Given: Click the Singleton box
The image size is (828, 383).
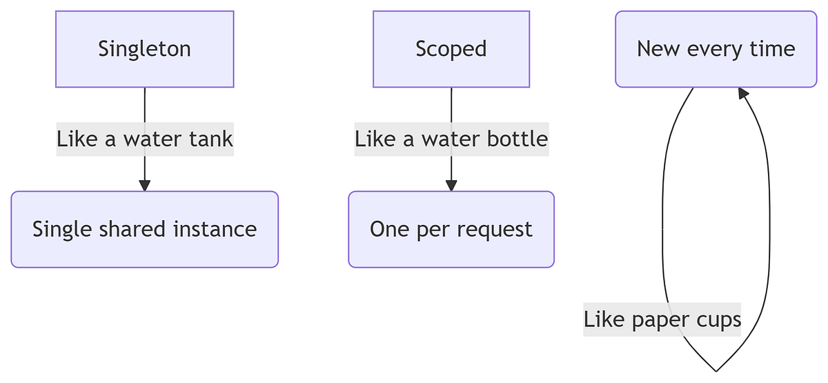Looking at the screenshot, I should pos(144,49).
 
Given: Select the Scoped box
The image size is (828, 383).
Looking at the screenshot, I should pos(451,49).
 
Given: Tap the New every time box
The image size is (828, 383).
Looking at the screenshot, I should pos(716,49).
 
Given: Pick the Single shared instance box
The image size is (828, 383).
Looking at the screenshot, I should pos(144,229).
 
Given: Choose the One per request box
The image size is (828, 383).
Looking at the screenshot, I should pos(451,229).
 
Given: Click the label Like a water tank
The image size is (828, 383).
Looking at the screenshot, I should pos(145,139).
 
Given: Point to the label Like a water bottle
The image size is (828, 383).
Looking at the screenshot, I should pos(451,139).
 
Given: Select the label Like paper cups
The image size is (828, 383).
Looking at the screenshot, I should pos(662,320).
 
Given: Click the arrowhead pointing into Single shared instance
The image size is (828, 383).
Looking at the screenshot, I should pos(144,185).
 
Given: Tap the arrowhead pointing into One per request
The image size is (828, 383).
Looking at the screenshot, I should pos(451,185).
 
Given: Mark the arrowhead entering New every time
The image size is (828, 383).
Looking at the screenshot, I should pos(742,93).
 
